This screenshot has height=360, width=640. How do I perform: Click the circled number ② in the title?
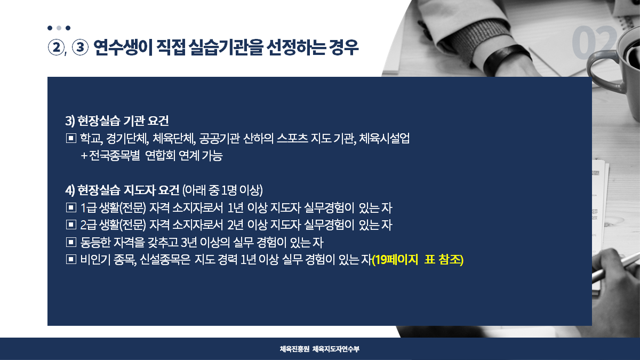[x=57, y=47]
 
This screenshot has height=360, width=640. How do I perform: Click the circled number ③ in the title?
[x=80, y=47]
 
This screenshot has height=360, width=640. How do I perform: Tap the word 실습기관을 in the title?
[x=226, y=47]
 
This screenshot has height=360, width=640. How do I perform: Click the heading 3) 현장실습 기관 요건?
[x=117, y=121]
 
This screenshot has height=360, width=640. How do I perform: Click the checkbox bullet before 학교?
[x=71, y=139]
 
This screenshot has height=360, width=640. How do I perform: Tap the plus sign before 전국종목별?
[x=84, y=156]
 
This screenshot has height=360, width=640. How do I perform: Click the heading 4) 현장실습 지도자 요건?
[x=122, y=190]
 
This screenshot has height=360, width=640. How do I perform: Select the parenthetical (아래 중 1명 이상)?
[x=222, y=190]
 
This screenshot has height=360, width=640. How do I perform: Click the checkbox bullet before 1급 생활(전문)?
[x=71, y=207]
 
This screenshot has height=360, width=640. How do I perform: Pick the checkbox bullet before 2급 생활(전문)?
[x=71, y=225]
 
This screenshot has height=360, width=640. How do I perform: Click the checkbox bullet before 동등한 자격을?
[x=71, y=242]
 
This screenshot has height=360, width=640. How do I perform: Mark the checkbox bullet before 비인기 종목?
[x=71, y=259]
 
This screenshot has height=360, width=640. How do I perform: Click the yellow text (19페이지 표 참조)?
[x=418, y=260]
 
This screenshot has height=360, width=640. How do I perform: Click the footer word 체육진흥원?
[x=294, y=349]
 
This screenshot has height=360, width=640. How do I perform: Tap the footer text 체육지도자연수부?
[x=335, y=349]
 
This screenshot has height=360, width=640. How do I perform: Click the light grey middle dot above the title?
[x=59, y=28]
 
